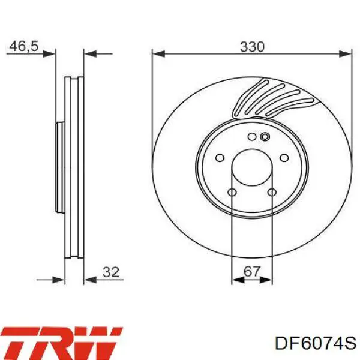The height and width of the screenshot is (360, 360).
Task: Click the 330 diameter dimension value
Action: pyautogui.click(x=252, y=47)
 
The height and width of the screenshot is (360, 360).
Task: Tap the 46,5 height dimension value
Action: pyautogui.click(x=23, y=47)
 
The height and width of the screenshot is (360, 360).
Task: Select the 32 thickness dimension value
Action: pyautogui.click(x=111, y=272)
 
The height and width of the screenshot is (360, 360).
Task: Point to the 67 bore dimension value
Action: pyautogui.click(x=252, y=272)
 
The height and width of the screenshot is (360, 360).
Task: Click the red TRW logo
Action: pyautogui.click(x=62, y=343)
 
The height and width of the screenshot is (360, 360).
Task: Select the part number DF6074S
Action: pyautogui.click(x=316, y=343)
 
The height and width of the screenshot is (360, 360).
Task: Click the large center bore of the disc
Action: pyautogui.click(x=252, y=167)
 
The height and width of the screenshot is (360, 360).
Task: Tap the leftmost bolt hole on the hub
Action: pyautogui.click(x=220, y=158)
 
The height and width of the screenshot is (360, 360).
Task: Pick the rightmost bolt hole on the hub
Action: pyautogui.click(x=284, y=158)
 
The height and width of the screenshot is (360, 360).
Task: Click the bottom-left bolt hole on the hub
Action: pyautogui.click(x=232, y=192)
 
